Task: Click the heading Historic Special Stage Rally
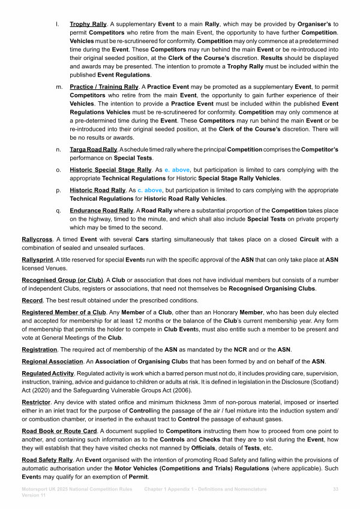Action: tap(110, 170)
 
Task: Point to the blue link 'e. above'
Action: tap(176, 170)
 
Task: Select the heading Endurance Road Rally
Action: tap(101, 211)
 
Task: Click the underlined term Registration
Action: tap(40, 350)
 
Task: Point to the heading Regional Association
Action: tap(52, 362)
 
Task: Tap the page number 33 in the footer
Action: tap(335, 490)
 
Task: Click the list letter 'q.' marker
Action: tap(57, 211)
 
